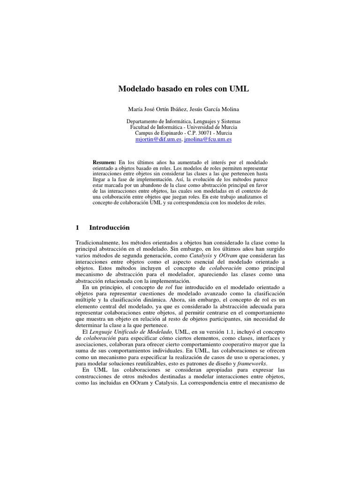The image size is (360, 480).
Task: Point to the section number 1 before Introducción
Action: coord(77,227)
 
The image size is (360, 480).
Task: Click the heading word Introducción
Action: coord(109,227)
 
